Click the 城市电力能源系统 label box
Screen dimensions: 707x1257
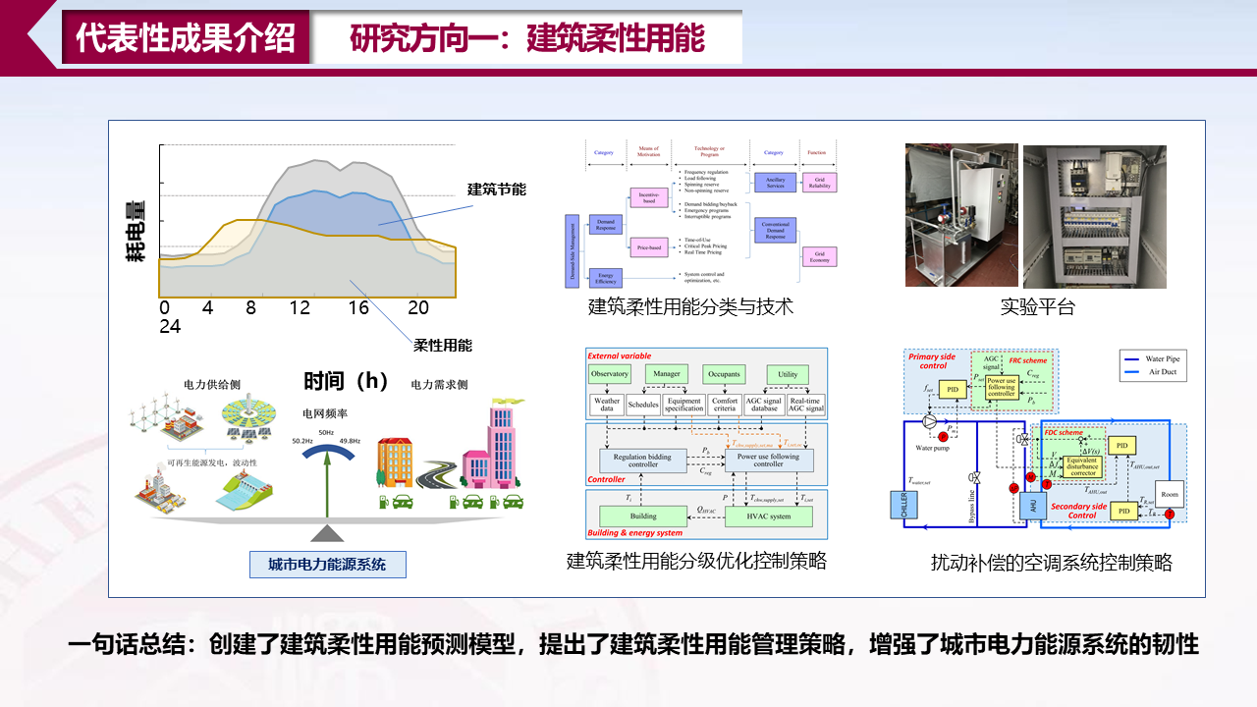click(327, 565)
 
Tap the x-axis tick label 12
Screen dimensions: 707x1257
click(300, 308)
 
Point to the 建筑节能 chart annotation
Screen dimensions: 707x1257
click(497, 190)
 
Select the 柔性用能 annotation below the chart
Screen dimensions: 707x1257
click(443, 345)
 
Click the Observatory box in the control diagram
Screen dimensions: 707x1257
click(610, 374)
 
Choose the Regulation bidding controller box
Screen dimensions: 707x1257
click(643, 461)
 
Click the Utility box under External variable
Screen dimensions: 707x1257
click(788, 374)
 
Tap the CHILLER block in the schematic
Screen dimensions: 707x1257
click(903, 505)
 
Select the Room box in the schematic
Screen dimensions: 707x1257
click(1169, 494)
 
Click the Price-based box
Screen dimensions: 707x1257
click(650, 246)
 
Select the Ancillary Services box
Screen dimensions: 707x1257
click(775, 183)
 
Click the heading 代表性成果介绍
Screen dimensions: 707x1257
click(186, 38)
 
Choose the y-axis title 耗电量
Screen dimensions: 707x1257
click(137, 231)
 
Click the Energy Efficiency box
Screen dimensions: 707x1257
click(606, 278)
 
